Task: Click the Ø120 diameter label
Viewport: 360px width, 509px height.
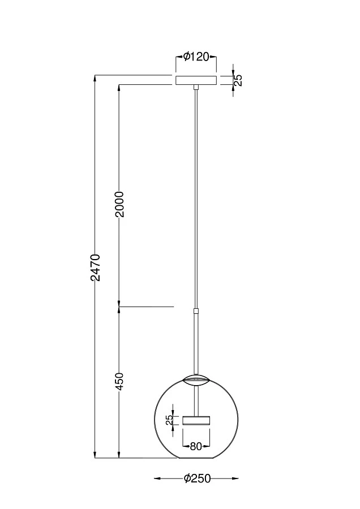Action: pyautogui.click(x=196, y=57)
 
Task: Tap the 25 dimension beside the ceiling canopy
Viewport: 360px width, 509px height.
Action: pyautogui.click(x=238, y=80)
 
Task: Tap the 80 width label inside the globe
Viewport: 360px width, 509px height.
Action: pyautogui.click(x=196, y=446)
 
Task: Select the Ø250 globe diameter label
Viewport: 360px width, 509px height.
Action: pyautogui.click(x=197, y=478)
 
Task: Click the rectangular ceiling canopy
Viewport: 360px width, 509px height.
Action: pyautogui.click(x=196, y=80)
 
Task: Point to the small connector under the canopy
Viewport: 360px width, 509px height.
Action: pyautogui.click(x=196, y=88)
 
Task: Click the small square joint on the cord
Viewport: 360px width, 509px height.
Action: pyautogui.click(x=196, y=310)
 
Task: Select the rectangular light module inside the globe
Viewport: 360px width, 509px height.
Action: pyautogui.click(x=196, y=420)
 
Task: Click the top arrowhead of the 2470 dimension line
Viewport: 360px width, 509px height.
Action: pyautogui.click(x=95, y=77)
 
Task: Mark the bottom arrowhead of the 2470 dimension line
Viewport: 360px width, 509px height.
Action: pyautogui.click(x=95, y=455)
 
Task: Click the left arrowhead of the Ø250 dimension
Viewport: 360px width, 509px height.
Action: pyautogui.click(x=157, y=478)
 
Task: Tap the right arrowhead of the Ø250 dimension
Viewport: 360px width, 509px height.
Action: pyautogui.click(x=235, y=478)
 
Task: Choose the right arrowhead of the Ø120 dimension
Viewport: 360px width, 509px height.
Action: pyautogui.click(x=215, y=57)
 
